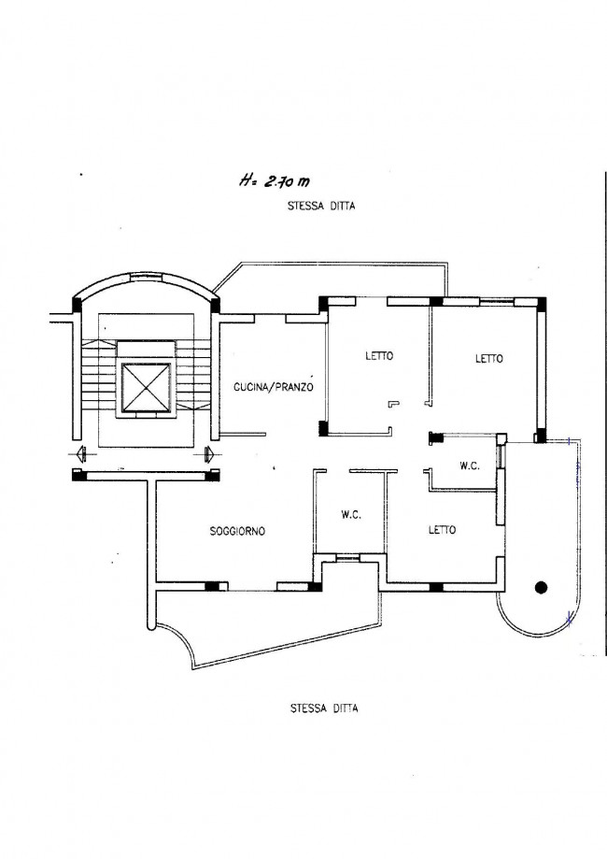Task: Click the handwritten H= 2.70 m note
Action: pyautogui.click(x=274, y=180)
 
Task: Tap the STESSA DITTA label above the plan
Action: pyautogui.click(x=321, y=207)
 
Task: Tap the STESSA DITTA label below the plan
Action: pyautogui.click(x=324, y=709)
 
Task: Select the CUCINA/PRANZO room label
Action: pyautogui.click(x=274, y=387)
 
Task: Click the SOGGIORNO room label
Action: pyautogui.click(x=237, y=531)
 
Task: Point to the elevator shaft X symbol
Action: pyautogui.click(x=145, y=387)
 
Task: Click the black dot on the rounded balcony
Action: pyautogui.click(x=542, y=587)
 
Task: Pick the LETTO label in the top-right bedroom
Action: pyautogui.click(x=488, y=359)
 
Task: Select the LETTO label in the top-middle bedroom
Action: pyautogui.click(x=379, y=356)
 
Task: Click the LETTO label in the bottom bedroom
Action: pyautogui.click(x=443, y=530)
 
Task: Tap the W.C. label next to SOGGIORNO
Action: pyautogui.click(x=351, y=515)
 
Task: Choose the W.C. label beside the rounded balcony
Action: pyautogui.click(x=470, y=466)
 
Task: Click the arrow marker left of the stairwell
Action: pyautogui.click(x=80, y=453)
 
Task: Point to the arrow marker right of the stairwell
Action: pyautogui.click(x=208, y=453)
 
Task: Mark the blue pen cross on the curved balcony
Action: pyautogui.click(x=570, y=620)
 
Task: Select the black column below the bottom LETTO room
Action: pyautogui.click(x=436, y=588)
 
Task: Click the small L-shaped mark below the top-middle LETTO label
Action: pyautogui.click(x=393, y=404)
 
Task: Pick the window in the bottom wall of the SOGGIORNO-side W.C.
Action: pyautogui.click(x=348, y=558)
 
